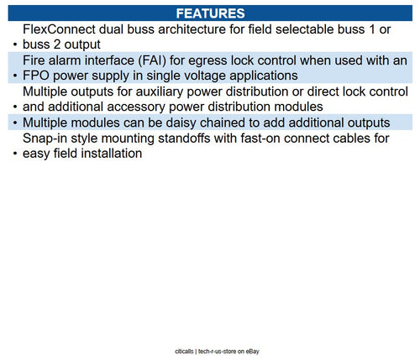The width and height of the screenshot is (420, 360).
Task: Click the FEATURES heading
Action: pyautogui.click(x=210, y=13)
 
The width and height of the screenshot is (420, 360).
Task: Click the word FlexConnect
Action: pyautogui.click(x=59, y=29)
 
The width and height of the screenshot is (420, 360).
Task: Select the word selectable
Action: pyautogui.click(x=305, y=29)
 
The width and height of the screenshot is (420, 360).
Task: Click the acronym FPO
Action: pyautogui.click(x=36, y=76)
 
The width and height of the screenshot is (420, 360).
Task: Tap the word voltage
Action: pyautogui.click(x=204, y=76)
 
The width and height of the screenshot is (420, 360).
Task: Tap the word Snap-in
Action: pyautogui.click(x=45, y=138)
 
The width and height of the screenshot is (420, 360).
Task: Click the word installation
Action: pyautogui.click(x=106, y=154)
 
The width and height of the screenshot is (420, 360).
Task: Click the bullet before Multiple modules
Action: pyautogui.click(x=15, y=123)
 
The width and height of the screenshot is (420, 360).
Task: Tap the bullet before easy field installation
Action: pyautogui.click(x=15, y=154)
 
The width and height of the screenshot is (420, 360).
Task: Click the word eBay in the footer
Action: pyautogui.click(x=252, y=352)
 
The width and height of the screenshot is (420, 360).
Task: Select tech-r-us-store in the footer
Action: pyautogui.click(x=218, y=352)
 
